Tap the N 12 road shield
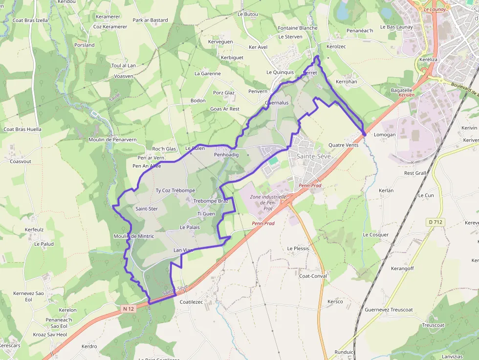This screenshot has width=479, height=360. (x=129, y=309)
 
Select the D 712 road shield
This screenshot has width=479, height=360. (x=435, y=222)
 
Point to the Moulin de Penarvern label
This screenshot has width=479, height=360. (x=112, y=140)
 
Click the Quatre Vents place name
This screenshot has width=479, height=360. (x=343, y=145)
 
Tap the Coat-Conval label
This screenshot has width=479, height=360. (x=313, y=276)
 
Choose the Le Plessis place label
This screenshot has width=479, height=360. (x=298, y=249)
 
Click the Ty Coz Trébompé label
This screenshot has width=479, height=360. (x=175, y=191)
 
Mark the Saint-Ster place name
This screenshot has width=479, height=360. (x=146, y=209)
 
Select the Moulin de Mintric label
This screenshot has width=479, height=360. (x=133, y=236)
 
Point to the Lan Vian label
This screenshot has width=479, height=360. (x=184, y=250)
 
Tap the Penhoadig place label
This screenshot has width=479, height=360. (x=226, y=155)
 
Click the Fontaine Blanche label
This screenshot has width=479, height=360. (x=298, y=28)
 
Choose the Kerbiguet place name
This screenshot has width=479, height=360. (x=232, y=58)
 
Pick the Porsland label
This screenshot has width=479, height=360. (x=84, y=45)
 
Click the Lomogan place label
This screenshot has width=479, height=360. (x=385, y=135)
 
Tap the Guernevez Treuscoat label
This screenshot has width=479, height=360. (x=389, y=310)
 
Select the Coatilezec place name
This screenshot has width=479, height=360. (x=191, y=302)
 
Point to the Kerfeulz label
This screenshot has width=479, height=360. (x=34, y=230)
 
